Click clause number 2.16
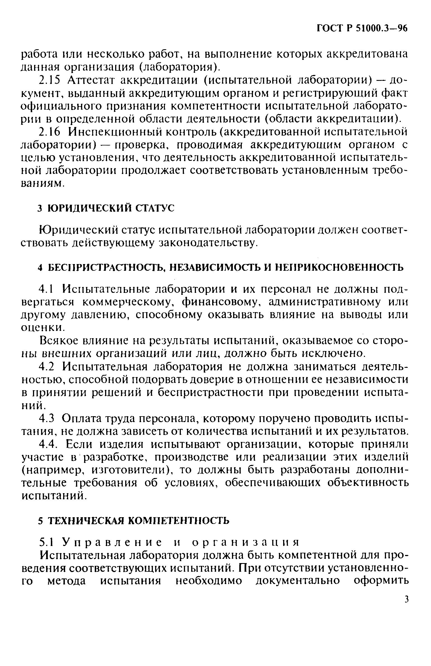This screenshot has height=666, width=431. (x=49, y=132)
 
